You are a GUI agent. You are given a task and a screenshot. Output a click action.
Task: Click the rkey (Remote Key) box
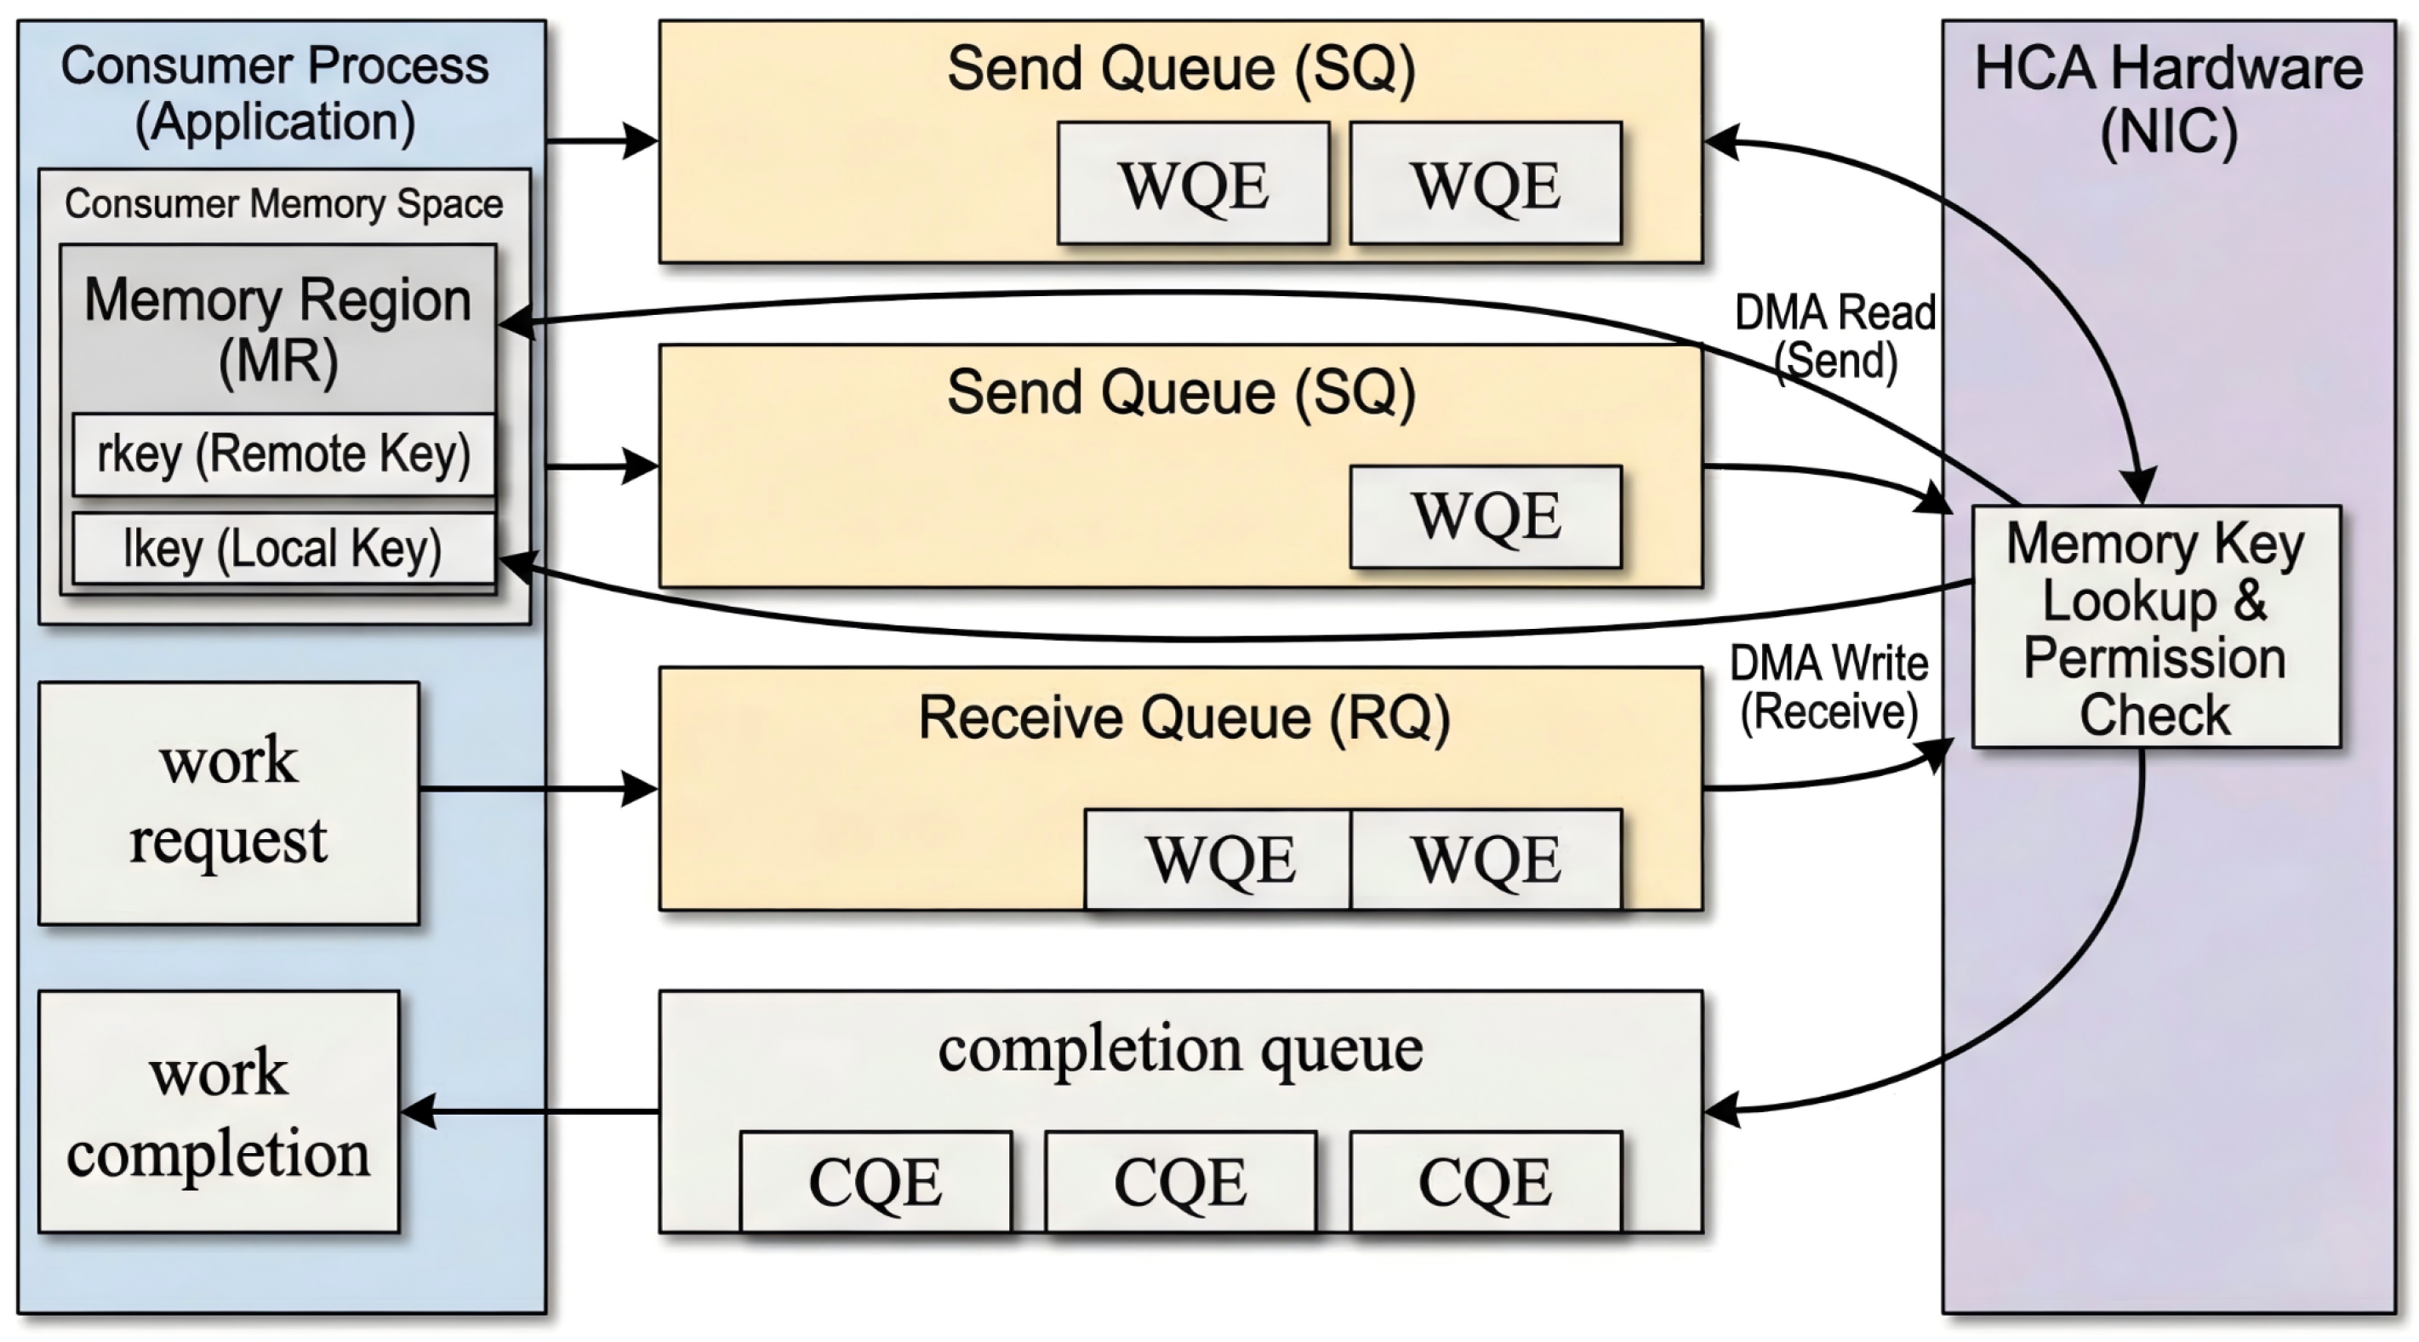283,454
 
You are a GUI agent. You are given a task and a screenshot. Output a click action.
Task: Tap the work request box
228,803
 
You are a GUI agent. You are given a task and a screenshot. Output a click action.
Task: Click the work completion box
219,1112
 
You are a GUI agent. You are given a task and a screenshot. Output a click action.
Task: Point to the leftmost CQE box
876,1181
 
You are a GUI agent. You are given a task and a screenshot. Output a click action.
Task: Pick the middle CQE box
1180,1181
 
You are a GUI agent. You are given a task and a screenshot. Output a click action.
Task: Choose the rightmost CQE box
1486,1181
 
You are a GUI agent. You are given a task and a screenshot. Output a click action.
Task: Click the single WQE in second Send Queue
1486,517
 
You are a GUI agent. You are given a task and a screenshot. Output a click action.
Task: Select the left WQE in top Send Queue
1193,184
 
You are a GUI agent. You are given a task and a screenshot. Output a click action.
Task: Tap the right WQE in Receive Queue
1486,859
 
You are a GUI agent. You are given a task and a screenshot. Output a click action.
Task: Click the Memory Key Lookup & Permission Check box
2155,627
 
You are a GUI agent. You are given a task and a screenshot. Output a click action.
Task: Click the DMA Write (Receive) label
1829,688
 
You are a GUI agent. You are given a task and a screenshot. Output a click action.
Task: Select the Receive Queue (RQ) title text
1184,718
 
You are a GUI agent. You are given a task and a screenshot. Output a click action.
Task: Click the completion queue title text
1180,1049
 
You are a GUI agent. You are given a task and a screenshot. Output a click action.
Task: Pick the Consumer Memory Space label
283,203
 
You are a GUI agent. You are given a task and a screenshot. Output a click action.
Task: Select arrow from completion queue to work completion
531,1112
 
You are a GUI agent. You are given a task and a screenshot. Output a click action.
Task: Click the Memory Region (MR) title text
278,328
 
